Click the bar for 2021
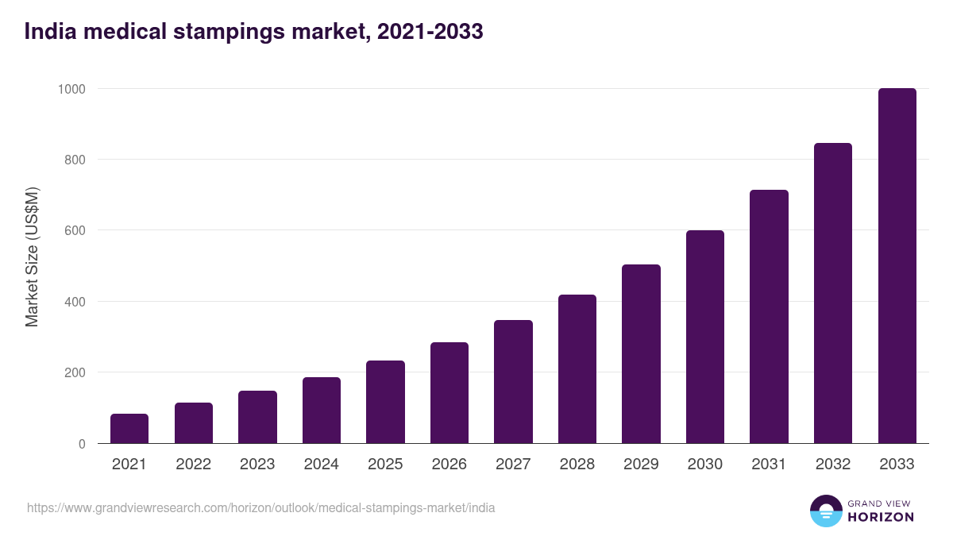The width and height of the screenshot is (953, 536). click(x=129, y=429)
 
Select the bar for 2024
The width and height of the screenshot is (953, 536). click(x=322, y=411)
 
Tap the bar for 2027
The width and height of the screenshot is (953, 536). click(x=513, y=382)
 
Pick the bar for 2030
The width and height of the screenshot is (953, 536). click(x=705, y=337)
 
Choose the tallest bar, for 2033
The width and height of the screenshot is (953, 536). click(x=897, y=266)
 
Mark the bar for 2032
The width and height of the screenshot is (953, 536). click(x=833, y=293)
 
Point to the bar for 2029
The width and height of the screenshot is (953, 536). click(x=641, y=354)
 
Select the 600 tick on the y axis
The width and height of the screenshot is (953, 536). click(x=75, y=231)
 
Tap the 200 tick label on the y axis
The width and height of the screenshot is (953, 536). click(x=75, y=373)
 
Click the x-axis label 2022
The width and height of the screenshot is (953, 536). click(x=194, y=465)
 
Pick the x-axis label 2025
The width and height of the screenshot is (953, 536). click(x=385, y=465)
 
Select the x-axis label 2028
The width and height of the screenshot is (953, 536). click(x=577, y=465)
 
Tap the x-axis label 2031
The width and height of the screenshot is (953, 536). click(x=769, y=465)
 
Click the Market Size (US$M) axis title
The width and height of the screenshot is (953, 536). click(x=32, y=256)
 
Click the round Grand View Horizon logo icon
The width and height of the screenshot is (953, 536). click(x=826, y=511)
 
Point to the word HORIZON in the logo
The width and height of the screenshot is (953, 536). click(x=881, y=517)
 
